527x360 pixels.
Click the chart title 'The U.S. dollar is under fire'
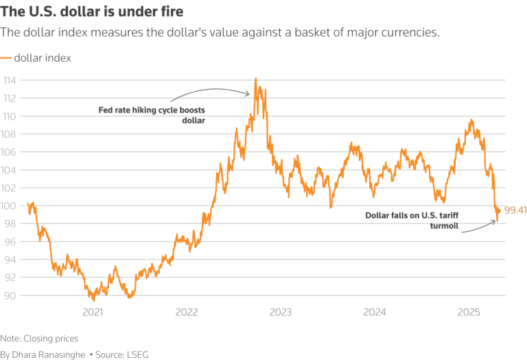(x=95, y=12)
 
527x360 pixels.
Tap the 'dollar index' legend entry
(x=42, y=58)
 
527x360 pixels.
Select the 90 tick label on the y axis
(x=10, y=296)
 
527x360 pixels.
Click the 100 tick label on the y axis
(x=12, y=206)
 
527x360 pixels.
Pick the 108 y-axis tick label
(x=12, y=134)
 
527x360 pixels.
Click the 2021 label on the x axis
(x=93, y=312)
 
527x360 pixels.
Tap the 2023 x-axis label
(x=281, y=312)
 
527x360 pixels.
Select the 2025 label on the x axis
(x=469, y=312)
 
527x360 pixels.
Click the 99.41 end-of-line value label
(x=515, y=210)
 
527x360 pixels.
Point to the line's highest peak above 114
(x=255, y=78)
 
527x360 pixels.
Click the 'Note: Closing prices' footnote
(x=39, y=338)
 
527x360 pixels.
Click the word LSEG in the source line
(x=137, y=355)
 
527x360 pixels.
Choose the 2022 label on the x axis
(x=187, y=312)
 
